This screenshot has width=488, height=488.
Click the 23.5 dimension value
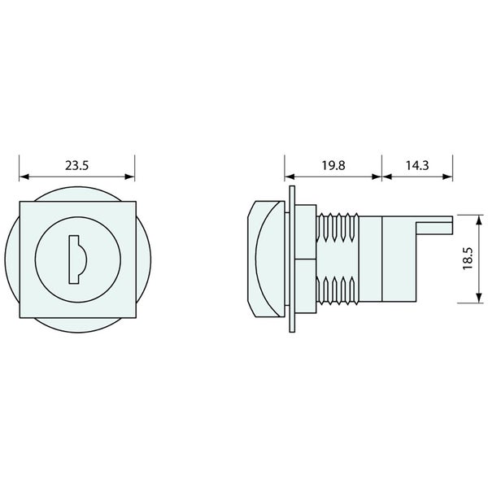pyautogui.click(x=77, y=166)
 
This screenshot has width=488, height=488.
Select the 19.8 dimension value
pyautogui.click(x=333, y=166)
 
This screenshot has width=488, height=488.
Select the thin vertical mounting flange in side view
pyautogui.click(x=290, y=259)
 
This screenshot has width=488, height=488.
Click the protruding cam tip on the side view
pyautogui.click(x=438, y=224)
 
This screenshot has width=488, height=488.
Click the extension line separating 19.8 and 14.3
pyautogui.click(x=381, y=171)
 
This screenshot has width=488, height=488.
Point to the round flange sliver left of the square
pyautogui.click(x=11, y=259)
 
